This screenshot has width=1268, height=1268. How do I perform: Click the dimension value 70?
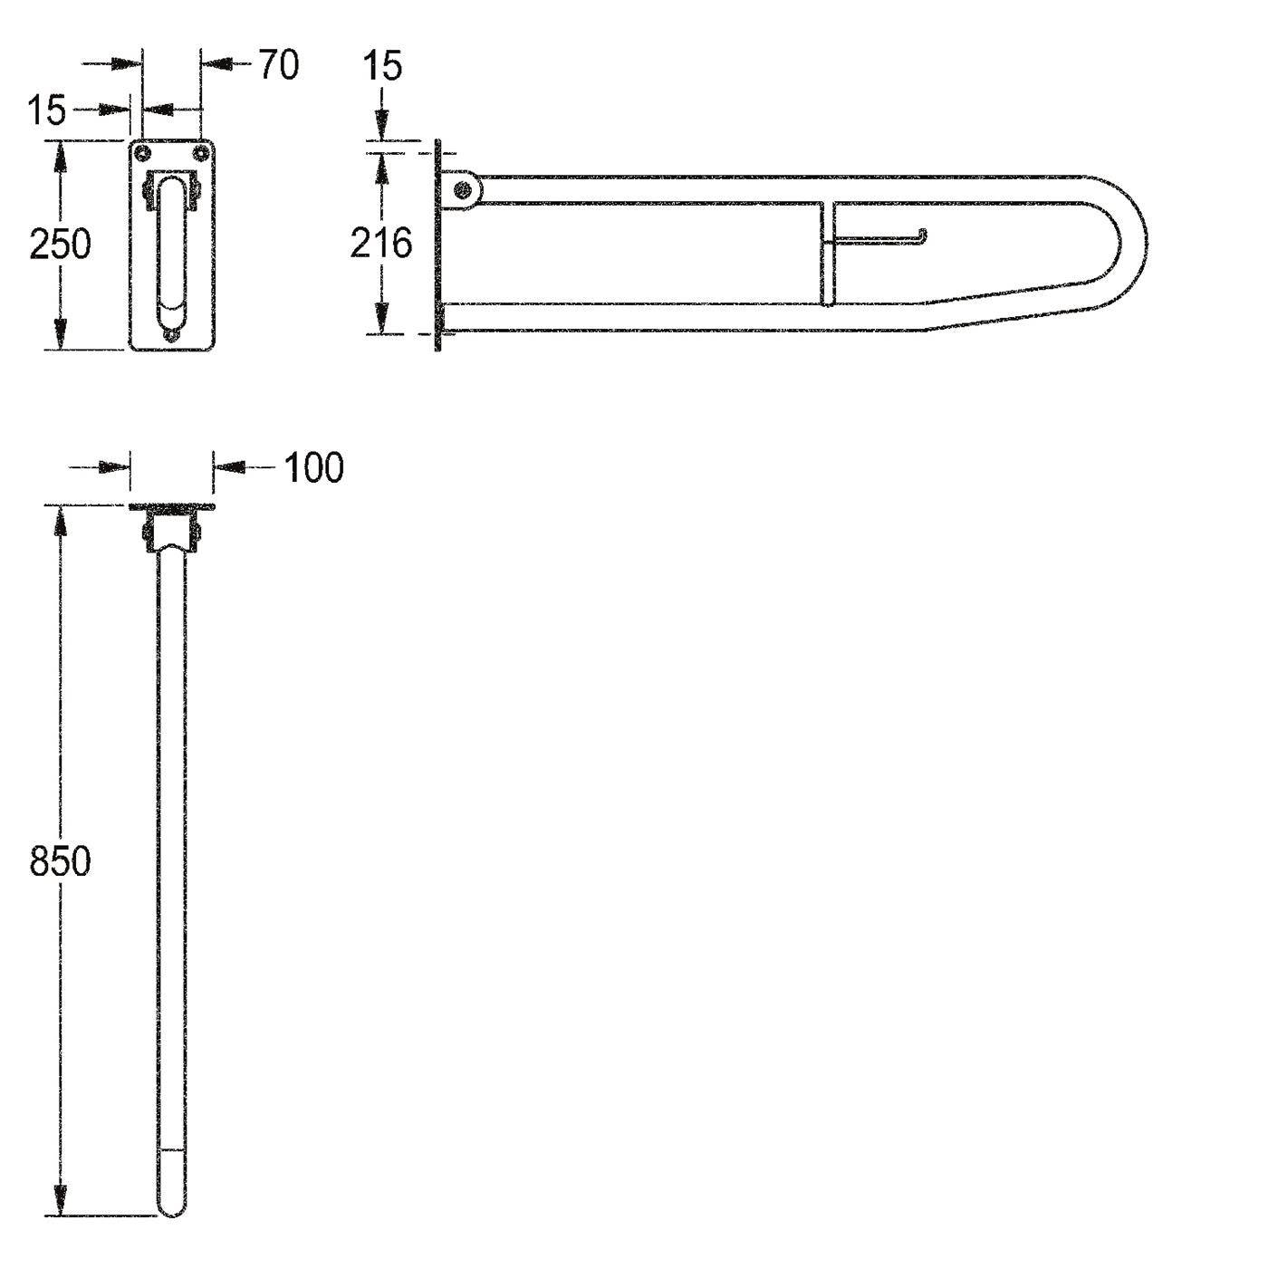(x=279, y=64)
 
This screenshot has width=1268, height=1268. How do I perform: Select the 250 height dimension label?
(x=60, y=245)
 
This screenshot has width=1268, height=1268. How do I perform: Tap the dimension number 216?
(x=381, y=243)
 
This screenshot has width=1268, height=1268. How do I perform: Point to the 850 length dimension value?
(x=60, y=861)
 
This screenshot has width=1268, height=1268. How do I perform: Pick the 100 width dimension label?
(x=314, y=468)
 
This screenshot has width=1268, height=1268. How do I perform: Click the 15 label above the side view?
(x=382, y=66)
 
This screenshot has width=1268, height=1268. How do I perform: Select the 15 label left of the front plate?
(x=47, y=110)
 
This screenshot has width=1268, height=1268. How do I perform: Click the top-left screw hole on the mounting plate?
(x=140, y=153)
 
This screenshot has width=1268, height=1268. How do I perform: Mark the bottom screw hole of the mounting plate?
(x=172, y=336)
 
